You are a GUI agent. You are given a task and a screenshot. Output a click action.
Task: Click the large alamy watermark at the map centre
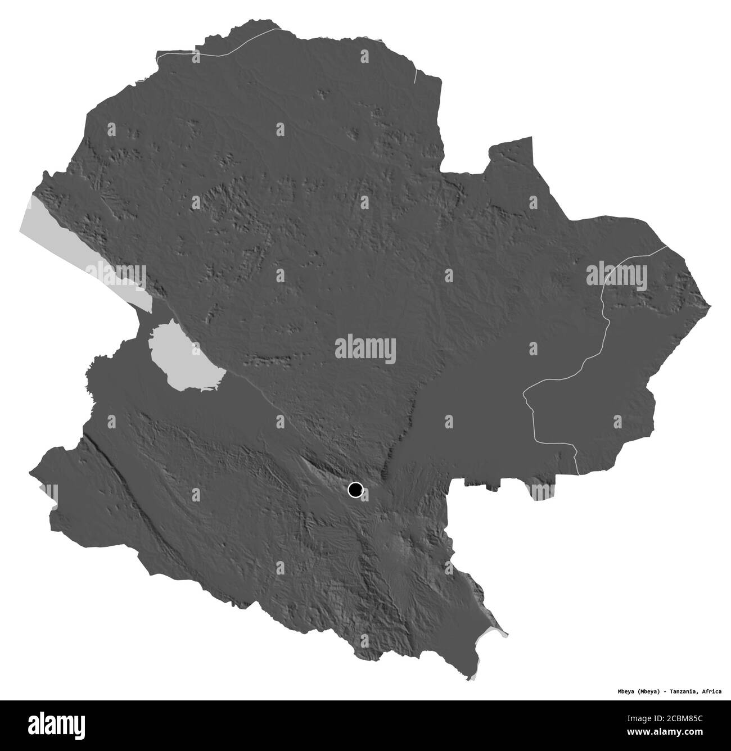[365, 349]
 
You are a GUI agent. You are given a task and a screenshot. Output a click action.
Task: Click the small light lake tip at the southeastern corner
[500, 632]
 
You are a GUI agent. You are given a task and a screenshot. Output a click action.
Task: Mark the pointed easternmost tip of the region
[710, 306]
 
